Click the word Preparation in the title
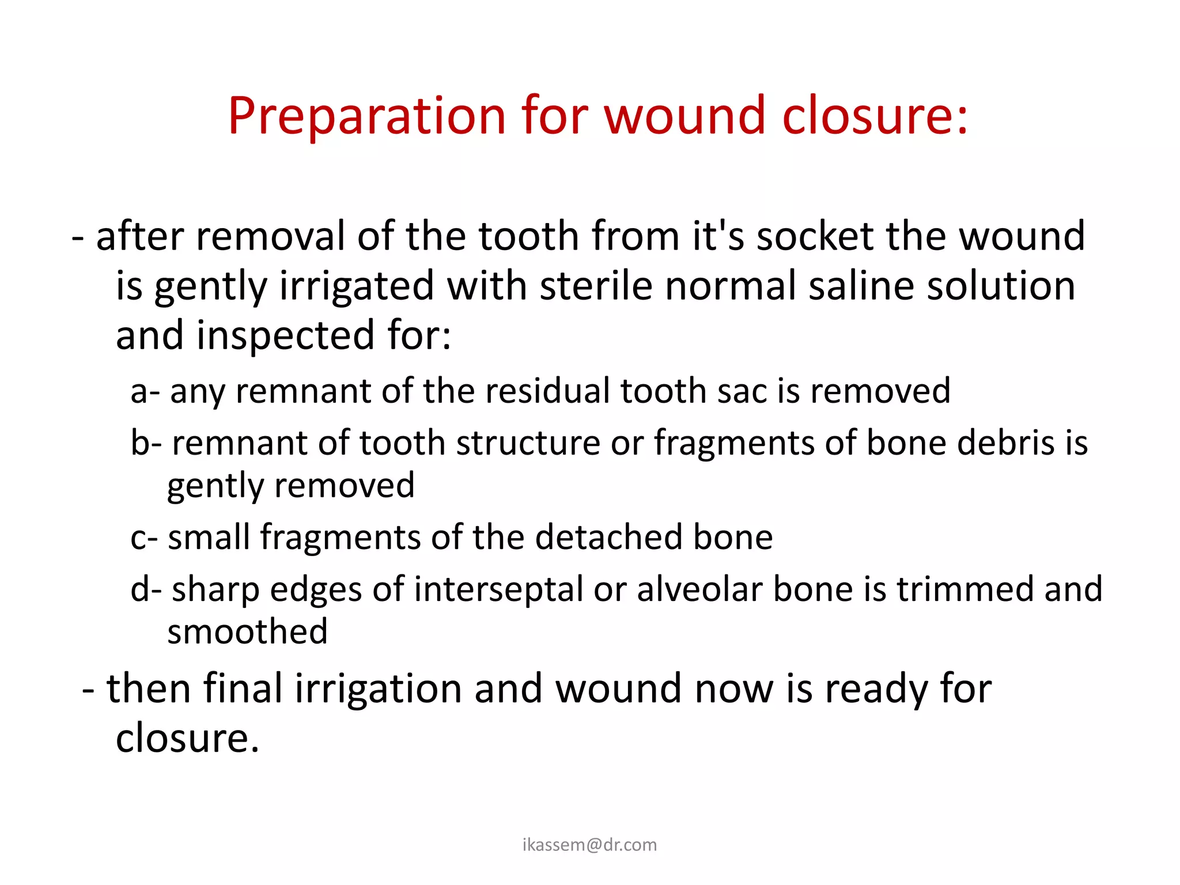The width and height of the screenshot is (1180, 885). tap(367, 116)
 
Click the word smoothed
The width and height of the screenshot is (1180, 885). tap(247, 632)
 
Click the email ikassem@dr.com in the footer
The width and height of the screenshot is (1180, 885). tap(589, 845)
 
